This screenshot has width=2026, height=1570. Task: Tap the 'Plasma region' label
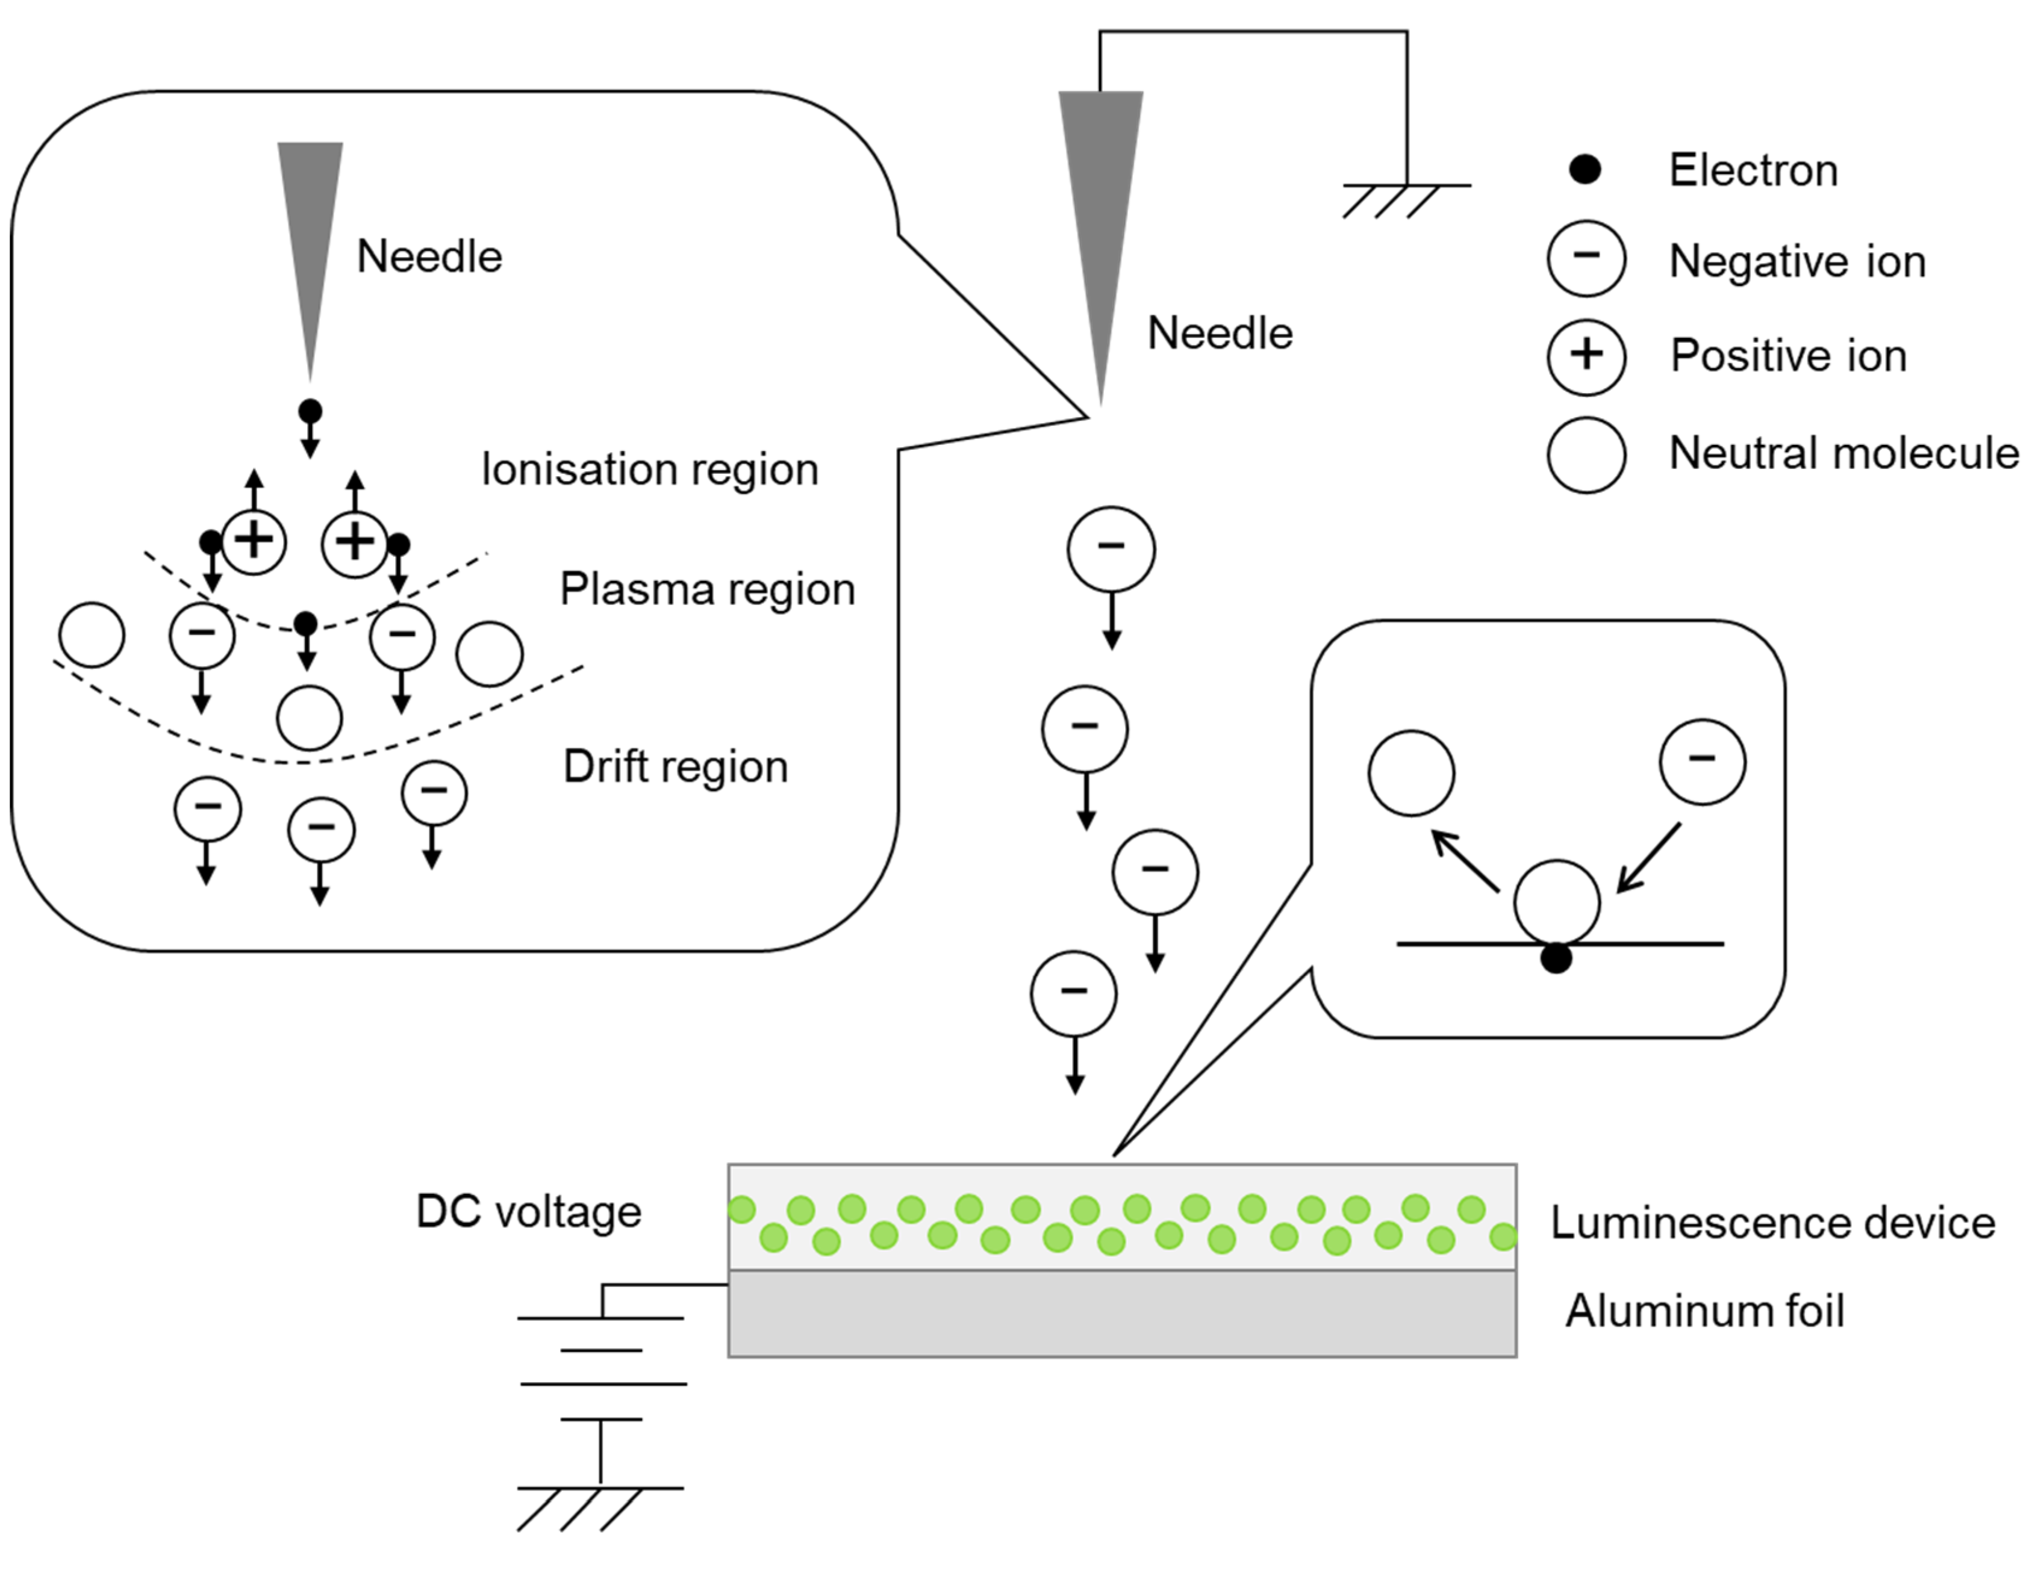[x=707, y=590]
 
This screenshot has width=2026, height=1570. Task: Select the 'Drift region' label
[x=675, y=767]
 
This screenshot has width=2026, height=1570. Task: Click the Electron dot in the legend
[x=1585, y=170]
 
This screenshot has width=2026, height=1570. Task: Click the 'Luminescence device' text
[x=1772, y=1223]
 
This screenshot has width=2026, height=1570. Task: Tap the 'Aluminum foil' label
[x=1704, y=1311]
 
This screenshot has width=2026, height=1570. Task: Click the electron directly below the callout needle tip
[x=310, y=411]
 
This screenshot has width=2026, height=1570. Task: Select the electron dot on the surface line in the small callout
[x=1556, y=958]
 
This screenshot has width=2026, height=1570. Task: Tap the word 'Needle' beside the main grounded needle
[x=1219, y=334]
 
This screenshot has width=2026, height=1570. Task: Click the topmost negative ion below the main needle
[x=1111, y=549]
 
